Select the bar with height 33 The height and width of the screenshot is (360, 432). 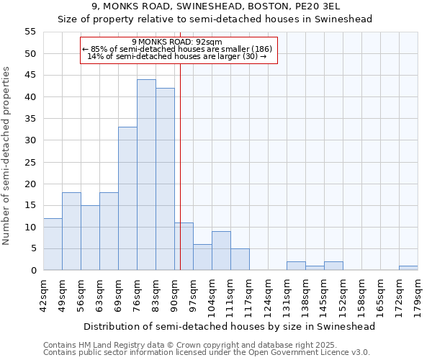pyautogui.click(x=127, y=199)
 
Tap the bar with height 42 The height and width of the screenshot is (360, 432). pyautogui.click(x=165, y=179)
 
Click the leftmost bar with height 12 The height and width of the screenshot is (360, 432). pyautogui.click(x=53, y=244)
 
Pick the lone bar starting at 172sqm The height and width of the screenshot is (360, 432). pyautogui.click(x=408, y=268)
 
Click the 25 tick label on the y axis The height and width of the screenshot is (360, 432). pyautogui.click(x=30, y=162)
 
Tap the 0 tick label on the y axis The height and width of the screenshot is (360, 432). pyautogui.click(x=32, y=271)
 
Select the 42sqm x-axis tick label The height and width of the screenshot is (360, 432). pyautogui.click(x=44, y=293)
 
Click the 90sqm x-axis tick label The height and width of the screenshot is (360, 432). pyautogui.click(x=175, y=293)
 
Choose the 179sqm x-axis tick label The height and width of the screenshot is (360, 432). pyautogui.click(x=418, y=295)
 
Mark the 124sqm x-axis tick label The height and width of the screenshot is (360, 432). pyautogui.click(x=269, y=295)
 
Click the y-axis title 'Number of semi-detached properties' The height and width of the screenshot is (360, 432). pyautogui.click(x=6, y=156)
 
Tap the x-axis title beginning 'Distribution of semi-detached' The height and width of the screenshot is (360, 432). pyautogui.click(x=230, y=326)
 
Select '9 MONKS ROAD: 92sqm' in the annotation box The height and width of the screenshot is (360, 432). pyautogui.click(x=177, y=42)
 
